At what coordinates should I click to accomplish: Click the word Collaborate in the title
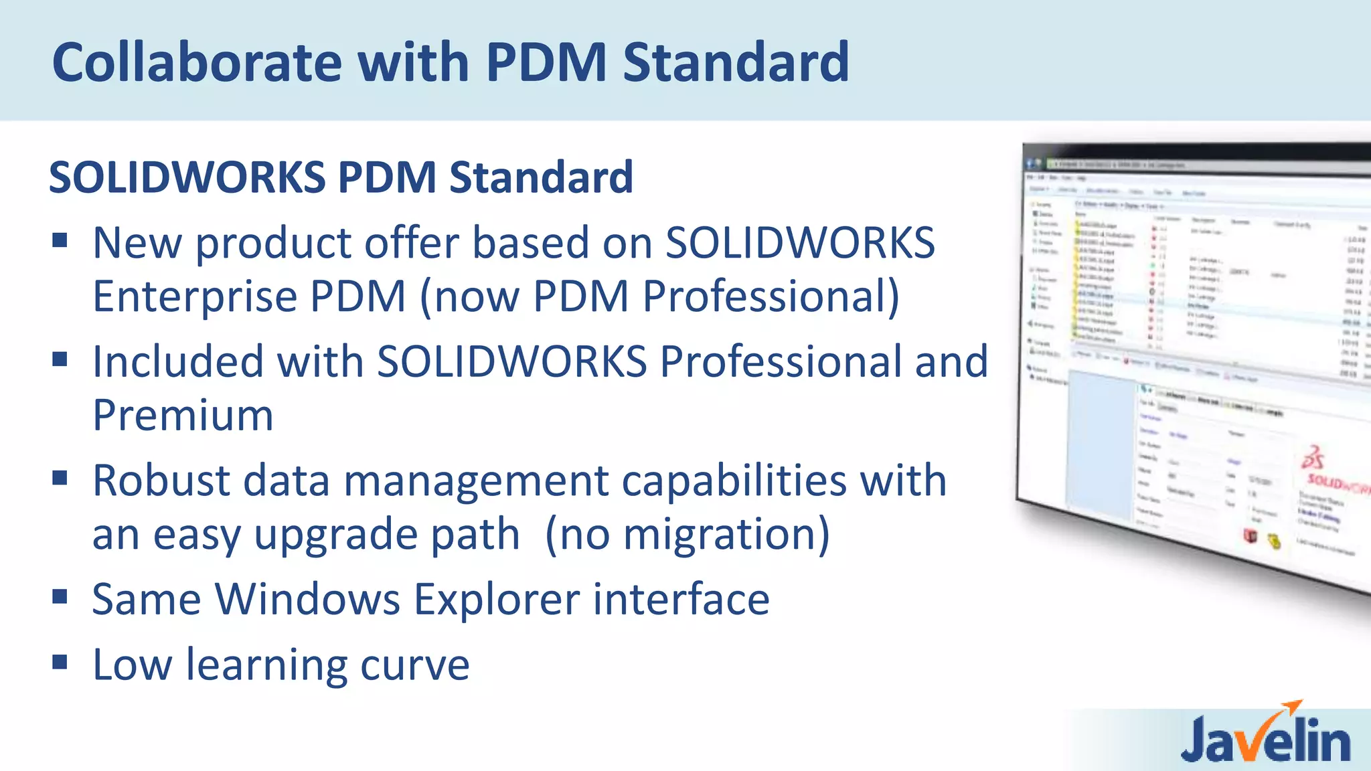click(197, 62)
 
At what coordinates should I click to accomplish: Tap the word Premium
click(183, 416)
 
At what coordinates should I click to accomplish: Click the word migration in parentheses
click(717, 535)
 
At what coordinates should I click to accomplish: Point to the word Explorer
click(497, 599)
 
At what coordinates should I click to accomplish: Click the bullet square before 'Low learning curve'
click(60, 662)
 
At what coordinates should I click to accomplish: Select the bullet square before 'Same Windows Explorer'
click(60, 596)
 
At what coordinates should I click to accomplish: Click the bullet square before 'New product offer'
click(60, 240)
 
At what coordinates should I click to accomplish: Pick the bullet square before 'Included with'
click(60, 359)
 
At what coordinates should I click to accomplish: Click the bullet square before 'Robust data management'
click(60, 478)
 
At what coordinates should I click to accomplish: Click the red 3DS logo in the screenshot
click(1313, 458)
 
